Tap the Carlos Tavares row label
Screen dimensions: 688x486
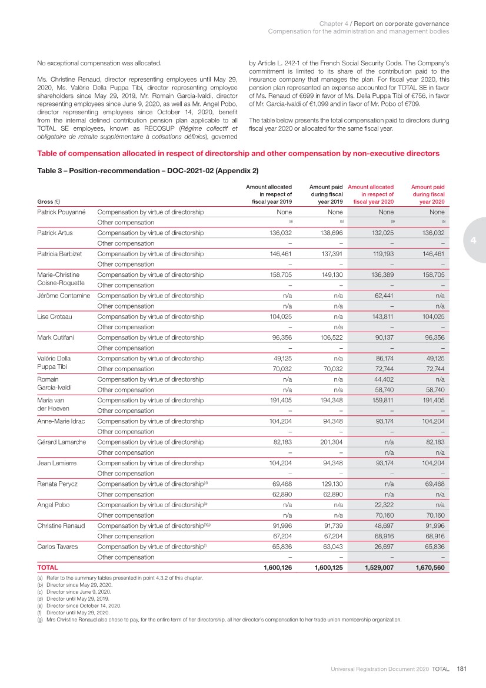click(x=58, y=547)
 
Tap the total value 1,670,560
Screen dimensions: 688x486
click(x=430, y=568)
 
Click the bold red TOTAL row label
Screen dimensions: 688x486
click(x=48, y=568)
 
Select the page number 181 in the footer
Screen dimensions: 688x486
click(x=461, y=669)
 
